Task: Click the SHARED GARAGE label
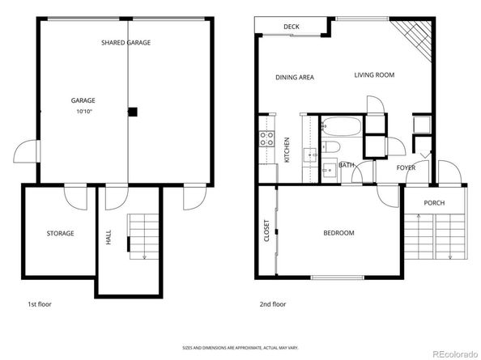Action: (126, 42)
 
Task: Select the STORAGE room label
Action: (60, 233)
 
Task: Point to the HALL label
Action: (109, 236)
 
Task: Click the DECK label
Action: (292, 27)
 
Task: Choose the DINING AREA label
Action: (294, 78)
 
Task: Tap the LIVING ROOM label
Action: (373, 75)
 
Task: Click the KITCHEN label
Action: (287, 150)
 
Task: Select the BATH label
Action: (346, 165)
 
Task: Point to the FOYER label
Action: (406, 167)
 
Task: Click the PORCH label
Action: (434, 202)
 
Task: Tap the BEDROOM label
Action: (338, 233)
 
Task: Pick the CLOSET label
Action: (266, 232)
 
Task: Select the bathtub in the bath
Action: (339, 127)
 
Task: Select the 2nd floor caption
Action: (273, 305)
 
